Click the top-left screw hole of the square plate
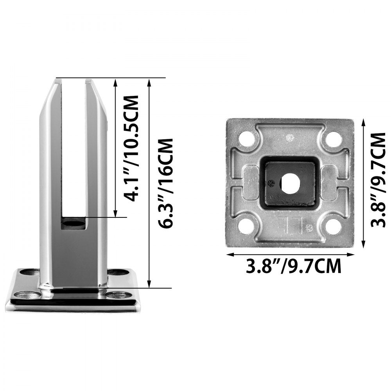[246, 139]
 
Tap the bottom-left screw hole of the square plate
[246, 226]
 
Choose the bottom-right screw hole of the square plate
[333, 226]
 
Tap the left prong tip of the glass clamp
[57, 81]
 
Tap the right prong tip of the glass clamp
[88, 81]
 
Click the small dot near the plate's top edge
[290, 137]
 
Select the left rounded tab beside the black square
[251, 183]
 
